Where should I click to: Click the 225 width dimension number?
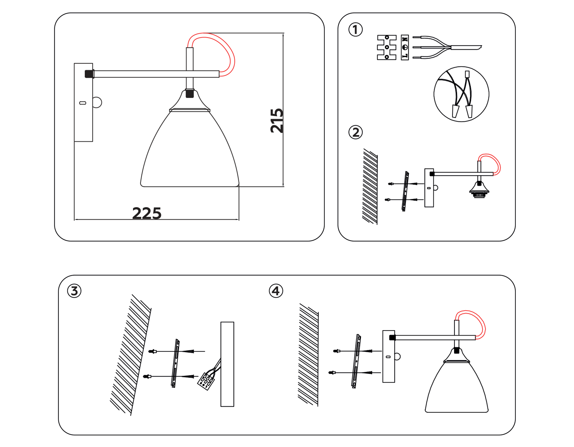coord(147,213)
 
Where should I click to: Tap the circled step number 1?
coord(356,30)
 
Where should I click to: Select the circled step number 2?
coord(356,132)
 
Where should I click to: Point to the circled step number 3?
coord(74,291)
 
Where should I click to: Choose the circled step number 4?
coord(276,291)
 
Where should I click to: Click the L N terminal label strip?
coord(405,47)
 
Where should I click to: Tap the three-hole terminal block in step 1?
coord(386,47)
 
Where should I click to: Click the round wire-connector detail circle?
coord(461,94)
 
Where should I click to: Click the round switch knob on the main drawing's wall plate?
coord(97,102)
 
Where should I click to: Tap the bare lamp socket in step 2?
coord(479,191)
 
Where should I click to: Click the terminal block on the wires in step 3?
coord(206,381)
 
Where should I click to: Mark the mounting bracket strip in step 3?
coord(175,363)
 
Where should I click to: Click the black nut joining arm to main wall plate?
coord(89,74)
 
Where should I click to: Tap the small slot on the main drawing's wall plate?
coord(83,103)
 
